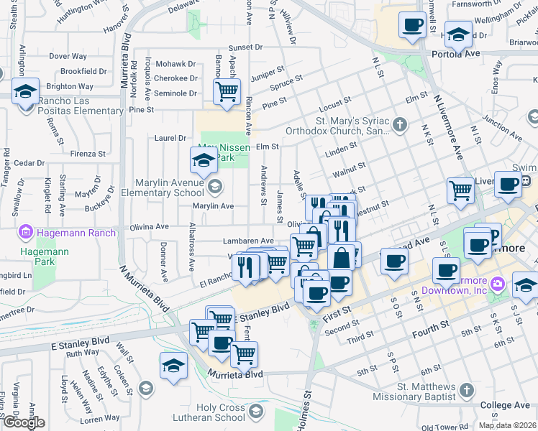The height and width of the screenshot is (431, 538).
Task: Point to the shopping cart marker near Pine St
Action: [227, 92]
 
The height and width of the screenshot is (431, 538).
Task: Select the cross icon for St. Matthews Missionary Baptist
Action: [466, 391]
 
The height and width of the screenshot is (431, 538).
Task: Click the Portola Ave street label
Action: [455, 54]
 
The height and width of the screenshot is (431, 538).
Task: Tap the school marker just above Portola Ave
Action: [458, 34]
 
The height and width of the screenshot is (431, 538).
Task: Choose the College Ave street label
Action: [504, 405]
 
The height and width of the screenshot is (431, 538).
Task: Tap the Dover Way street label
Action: [68, 56]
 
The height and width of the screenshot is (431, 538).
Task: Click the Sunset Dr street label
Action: [245, 47]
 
